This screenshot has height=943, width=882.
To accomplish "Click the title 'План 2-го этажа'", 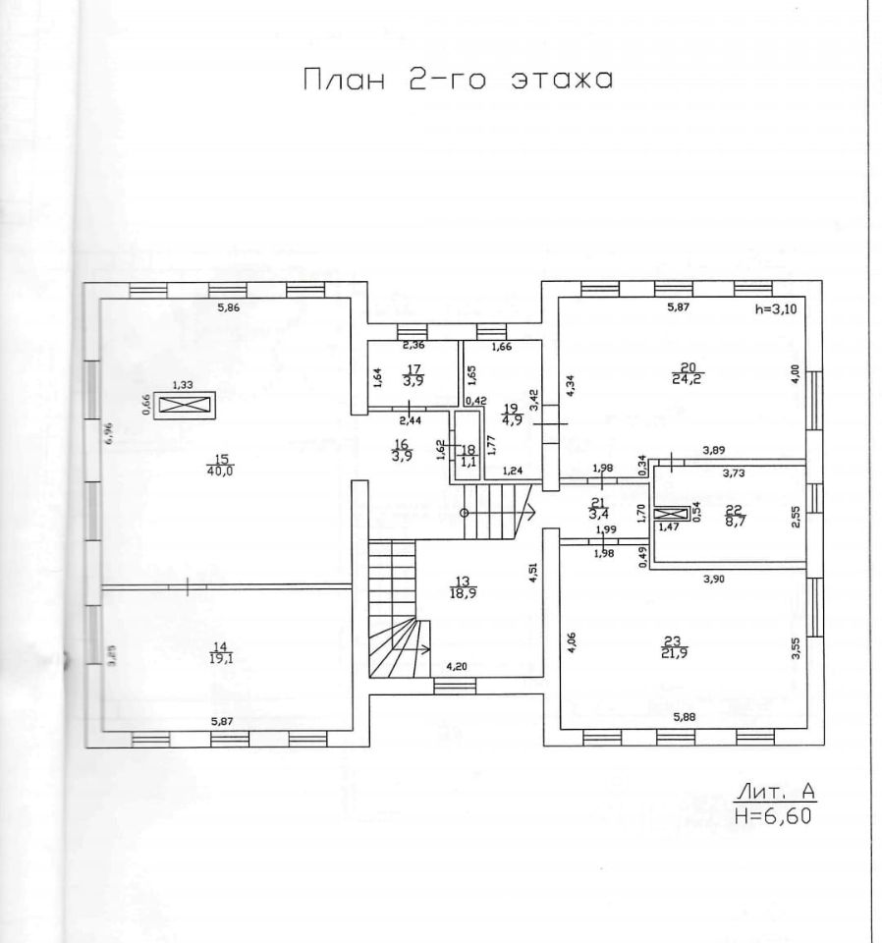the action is pos(457,81).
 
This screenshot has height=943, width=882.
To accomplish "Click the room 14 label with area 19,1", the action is pos(220,652).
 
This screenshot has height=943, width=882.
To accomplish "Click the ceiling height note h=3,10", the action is pos(775,308).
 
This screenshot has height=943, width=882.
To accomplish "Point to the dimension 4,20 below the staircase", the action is pos(457,667).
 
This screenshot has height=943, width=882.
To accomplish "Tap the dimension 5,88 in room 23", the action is pos(686,717).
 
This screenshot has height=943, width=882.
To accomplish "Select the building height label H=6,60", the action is pos(774,813).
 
